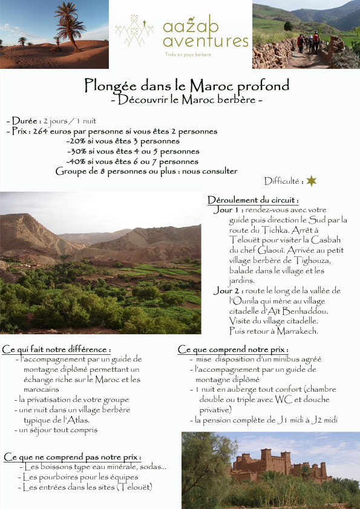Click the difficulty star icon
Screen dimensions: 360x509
pyautogui.click(x=312, y=181)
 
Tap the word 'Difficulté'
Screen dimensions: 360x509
pyautogui.click(x=283, y=181)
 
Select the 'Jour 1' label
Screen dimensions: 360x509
pyautogui.click(x=225, y=210)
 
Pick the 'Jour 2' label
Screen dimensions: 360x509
pyautogui.click(x=225, y=291)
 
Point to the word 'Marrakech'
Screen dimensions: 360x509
pyautogui.click(x=296, y=331)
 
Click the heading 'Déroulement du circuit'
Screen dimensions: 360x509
pyautogui.click(x=253, y=200)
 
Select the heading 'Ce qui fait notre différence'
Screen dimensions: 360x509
pyautogui.click(x=57, y=349)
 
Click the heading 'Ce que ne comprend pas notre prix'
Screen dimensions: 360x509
pyautogui.click(x=73, y=457)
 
